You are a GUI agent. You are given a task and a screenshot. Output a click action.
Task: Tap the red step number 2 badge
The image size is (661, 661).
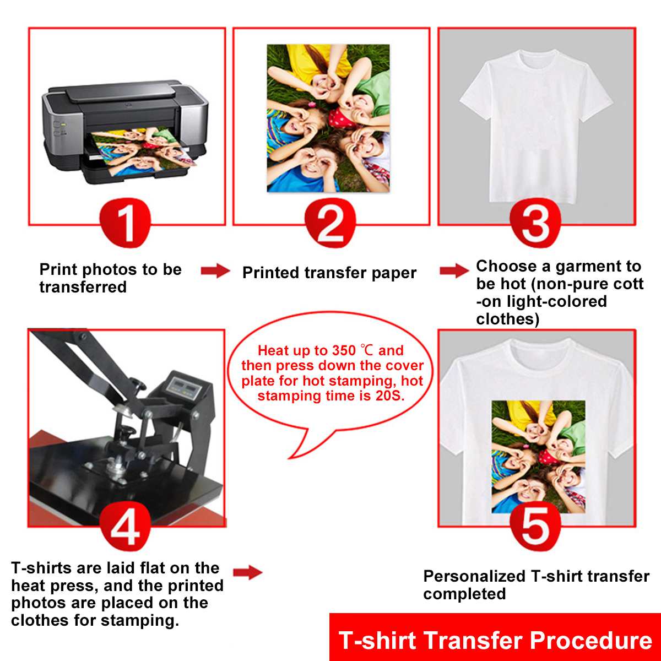click(x=330, y=224)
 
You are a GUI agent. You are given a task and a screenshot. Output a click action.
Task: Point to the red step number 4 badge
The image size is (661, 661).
click(x=125, y=525)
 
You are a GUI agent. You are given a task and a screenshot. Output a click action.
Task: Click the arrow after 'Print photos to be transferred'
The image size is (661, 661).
click(x=215, y=270)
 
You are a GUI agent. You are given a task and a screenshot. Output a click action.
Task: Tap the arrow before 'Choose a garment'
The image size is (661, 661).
click(x=454, y=270)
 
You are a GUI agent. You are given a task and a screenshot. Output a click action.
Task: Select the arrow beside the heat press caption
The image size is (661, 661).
click(x=247, y=573)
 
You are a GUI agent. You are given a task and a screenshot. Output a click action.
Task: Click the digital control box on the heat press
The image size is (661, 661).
click(x=185, y=386)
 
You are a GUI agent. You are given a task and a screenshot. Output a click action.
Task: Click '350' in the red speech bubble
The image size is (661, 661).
click(x=344, y=351)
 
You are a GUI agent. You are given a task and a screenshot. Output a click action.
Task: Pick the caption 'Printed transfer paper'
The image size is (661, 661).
click(x=329, y=273)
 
